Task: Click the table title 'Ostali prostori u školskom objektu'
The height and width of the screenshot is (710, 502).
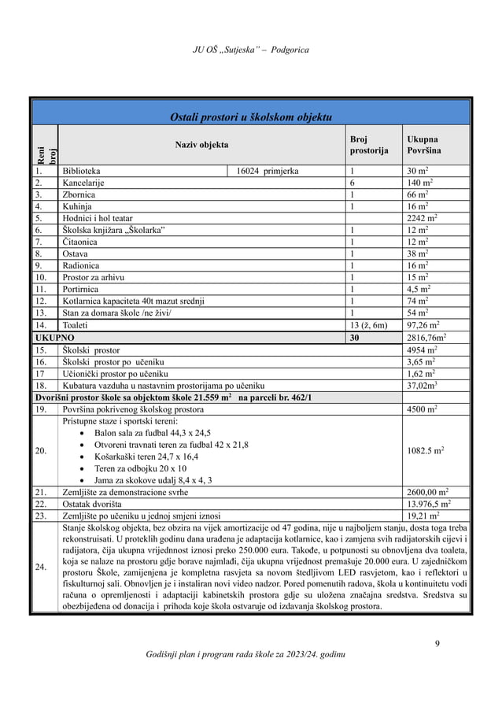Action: pyautogui.click(x=251, y=117)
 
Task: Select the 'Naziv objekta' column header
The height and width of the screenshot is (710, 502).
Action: pyautogui.click(x=201, y=145)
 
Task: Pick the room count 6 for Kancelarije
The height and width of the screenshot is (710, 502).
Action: pyautogui.click(x=352, y=183)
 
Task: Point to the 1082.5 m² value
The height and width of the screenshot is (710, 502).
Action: pyautogui.click(x=425, y=450)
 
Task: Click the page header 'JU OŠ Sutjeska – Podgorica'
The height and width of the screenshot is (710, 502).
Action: pyautogui.click(x=251, y=50)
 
